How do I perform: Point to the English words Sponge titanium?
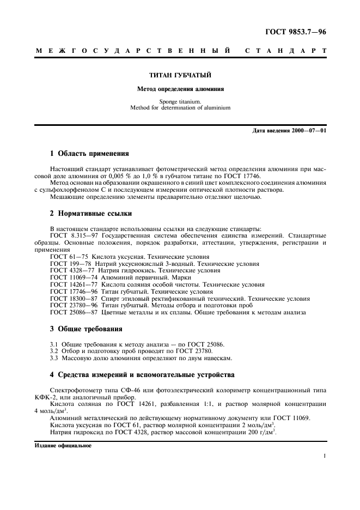180,101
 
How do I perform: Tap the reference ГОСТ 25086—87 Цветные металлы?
109,313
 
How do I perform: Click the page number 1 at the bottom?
325,457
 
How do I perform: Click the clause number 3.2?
54,351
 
